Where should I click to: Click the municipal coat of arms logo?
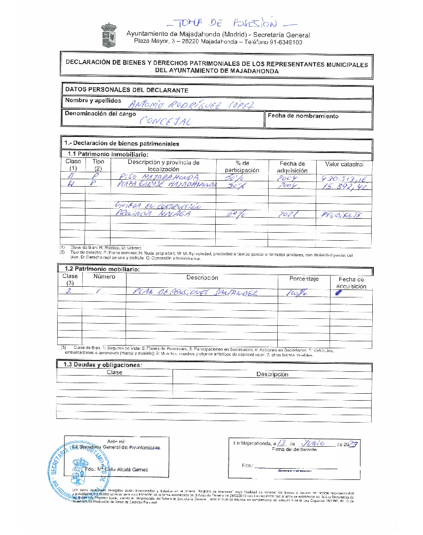(109, 35)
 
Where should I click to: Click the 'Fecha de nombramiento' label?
(303, 116)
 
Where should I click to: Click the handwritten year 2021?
(291, 214)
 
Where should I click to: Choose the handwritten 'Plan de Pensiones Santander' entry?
(194, 293)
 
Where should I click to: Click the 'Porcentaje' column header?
(304, 279)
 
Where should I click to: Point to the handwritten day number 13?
(283, 443)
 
